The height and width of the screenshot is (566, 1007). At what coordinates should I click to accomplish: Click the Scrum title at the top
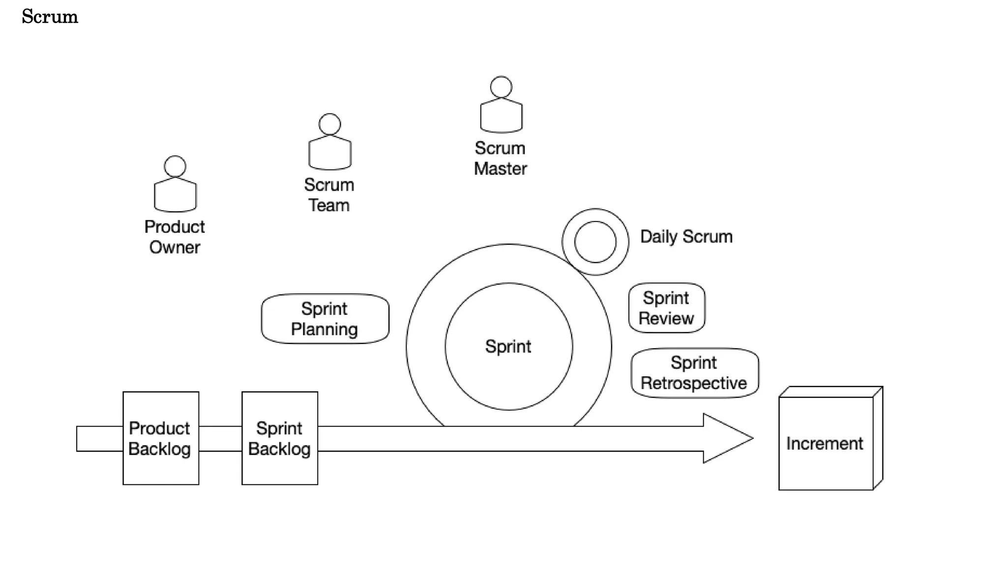(50, 17)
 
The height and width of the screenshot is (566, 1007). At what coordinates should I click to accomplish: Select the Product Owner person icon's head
(175, 167)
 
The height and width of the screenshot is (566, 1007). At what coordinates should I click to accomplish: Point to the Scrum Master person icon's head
(501, 87)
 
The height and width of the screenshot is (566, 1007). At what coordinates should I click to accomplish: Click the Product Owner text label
(175, 237)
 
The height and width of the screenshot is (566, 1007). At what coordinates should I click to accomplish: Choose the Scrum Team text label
(329, 195)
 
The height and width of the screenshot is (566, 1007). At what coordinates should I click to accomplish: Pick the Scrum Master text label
(500, 158)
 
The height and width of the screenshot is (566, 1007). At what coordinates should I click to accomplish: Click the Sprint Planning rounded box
(325, 319)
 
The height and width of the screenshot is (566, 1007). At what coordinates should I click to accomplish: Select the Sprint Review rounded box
(666, 308)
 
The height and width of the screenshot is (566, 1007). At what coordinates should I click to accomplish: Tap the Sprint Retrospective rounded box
(694, 373)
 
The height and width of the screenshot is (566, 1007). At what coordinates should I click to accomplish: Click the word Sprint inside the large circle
(508, 346)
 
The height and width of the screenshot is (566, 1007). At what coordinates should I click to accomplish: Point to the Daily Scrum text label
(686, 237)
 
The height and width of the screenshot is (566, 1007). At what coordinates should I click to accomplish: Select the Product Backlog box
(161, 438)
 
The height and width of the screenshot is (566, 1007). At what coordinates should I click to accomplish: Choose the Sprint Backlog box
(279, 438)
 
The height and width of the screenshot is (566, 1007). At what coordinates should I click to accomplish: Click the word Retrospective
(693, 383)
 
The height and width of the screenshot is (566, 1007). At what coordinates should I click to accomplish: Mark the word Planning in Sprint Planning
(324, 329)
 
